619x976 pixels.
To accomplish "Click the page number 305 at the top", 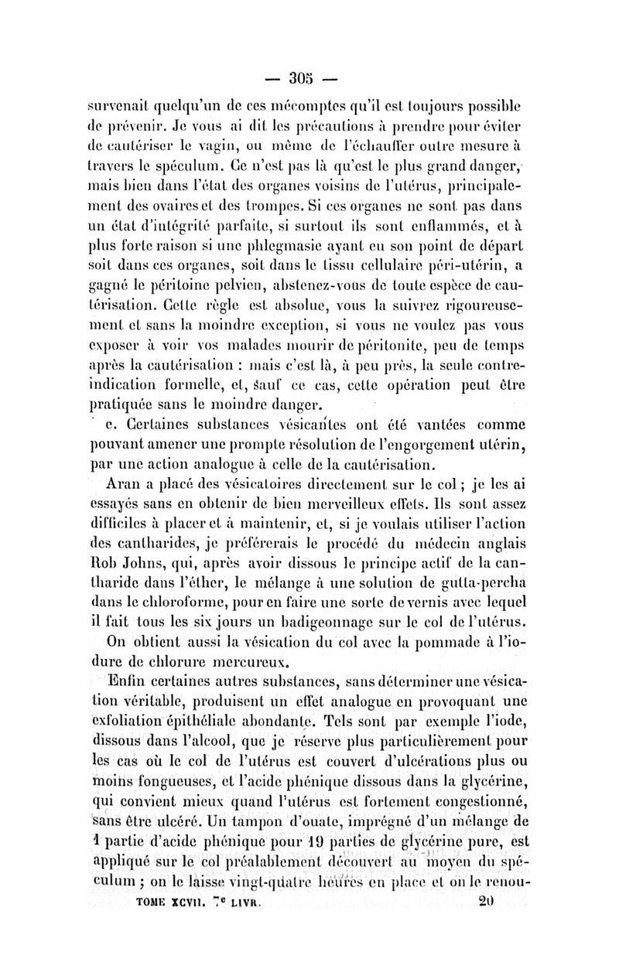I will pos(299,78).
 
